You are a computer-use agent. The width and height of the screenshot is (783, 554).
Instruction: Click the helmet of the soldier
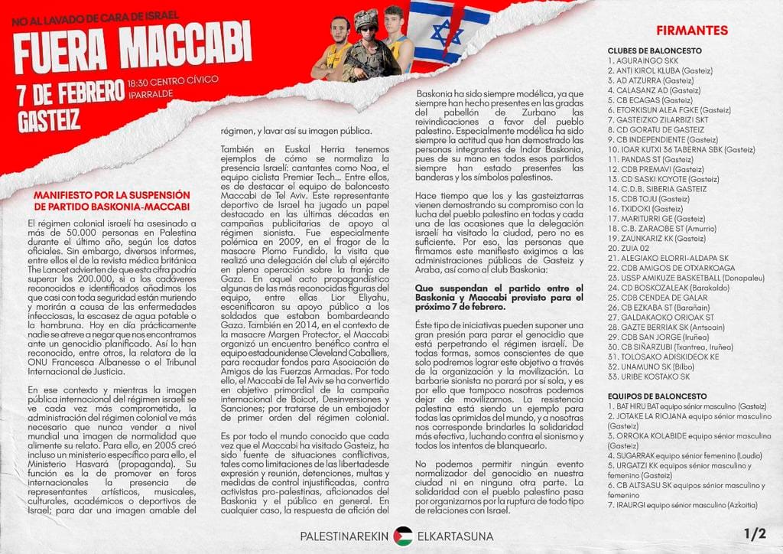pyautogui.click(x=366, y=18)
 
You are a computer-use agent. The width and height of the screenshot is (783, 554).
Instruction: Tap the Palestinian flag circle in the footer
pyautogui.click(x=403, y=536)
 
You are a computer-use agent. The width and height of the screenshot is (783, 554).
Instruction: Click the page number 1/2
pyautogui.click(x=754, y=533)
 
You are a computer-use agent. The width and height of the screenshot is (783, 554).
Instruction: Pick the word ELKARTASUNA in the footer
pyautogui.click(x=456, y=536)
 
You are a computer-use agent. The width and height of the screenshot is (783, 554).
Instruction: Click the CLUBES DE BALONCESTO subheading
pyautogui.click(x=654, y=50)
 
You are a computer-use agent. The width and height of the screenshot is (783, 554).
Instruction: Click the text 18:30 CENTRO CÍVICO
pyautogui.click(x=173, y=80)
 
